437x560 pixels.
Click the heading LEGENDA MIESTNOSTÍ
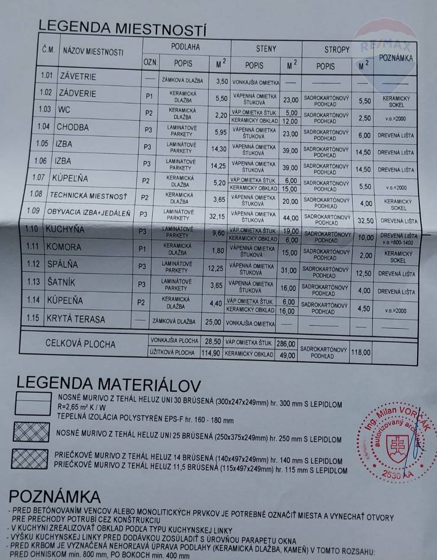coord(122,28)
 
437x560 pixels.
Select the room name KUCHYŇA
coord(65,229)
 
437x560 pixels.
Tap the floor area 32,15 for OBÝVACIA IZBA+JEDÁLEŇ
coord(217,216)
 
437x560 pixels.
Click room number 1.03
coord(45,109)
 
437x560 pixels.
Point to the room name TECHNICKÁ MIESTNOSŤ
coord(88,195)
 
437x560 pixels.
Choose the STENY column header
coord(266,49)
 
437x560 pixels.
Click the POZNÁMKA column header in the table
coord(395,58)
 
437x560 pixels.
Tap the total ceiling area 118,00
coord(361,353)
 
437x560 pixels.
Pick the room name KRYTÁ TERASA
coord(76,319)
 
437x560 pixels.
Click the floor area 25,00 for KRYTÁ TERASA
coord(212,322)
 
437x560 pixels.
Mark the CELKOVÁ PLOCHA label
coord(80,344)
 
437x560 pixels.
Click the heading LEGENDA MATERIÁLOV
coord(109,384)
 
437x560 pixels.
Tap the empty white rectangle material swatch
coord(32,404)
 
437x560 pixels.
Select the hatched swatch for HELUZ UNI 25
coord(31,432)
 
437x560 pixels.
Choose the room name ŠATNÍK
coord(61,282)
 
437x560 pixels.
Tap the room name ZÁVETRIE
coord(78,77)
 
